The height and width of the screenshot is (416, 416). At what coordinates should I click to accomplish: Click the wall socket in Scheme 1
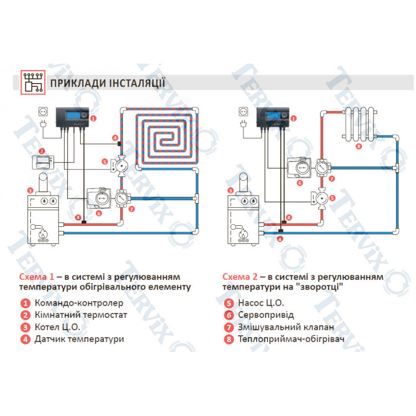click(43, 111)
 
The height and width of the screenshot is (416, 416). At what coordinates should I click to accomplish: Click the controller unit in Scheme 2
click(275, 116)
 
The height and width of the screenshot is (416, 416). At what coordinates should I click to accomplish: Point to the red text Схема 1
click(37, 277)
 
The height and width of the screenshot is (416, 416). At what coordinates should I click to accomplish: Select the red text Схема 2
click(240, 277)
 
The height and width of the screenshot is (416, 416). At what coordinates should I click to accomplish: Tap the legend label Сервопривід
click(266, 315)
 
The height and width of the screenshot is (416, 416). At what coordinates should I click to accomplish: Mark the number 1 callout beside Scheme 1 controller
click(93, 118)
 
